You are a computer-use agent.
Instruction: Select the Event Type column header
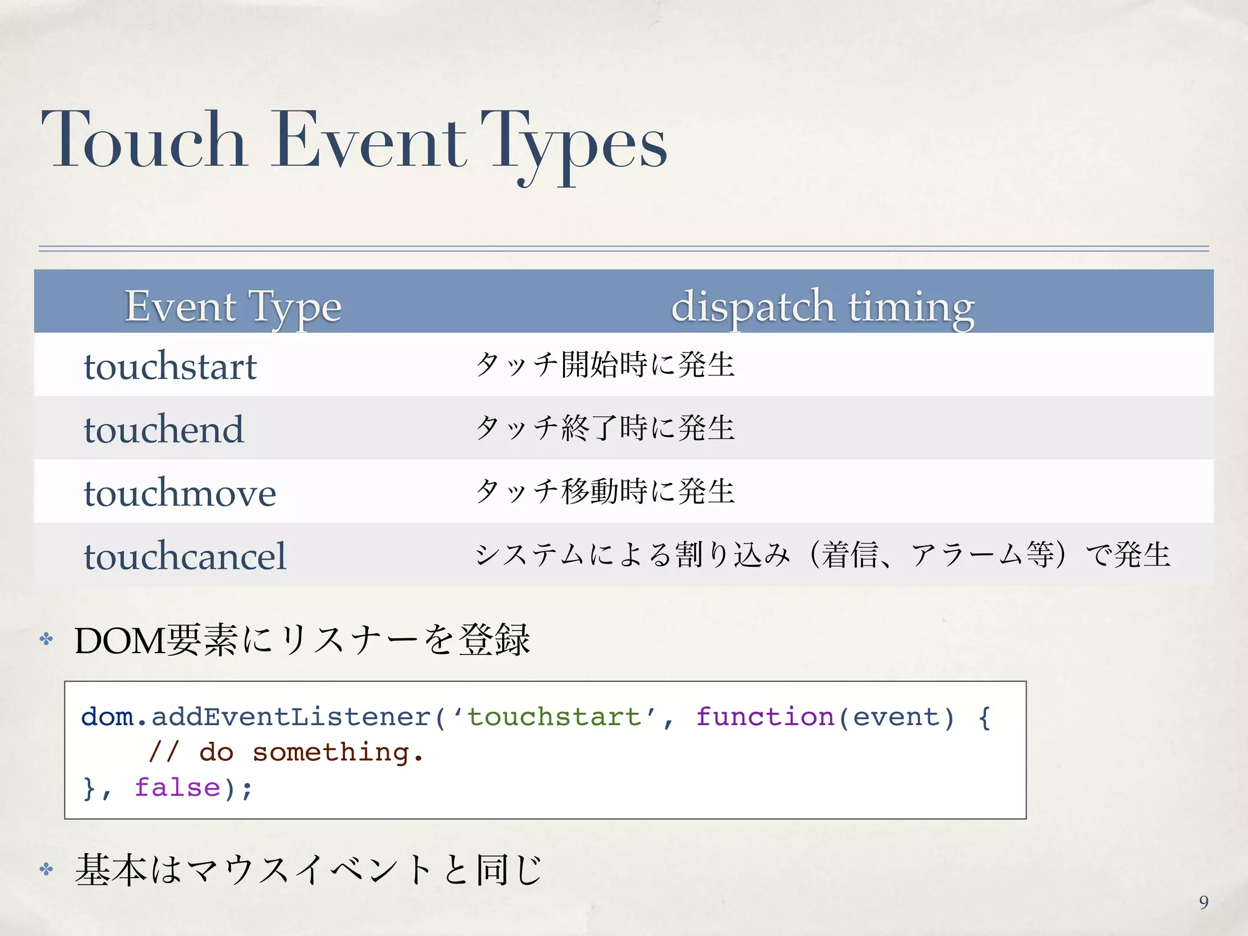click(x=233, y=306)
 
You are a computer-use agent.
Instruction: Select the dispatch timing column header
click(x=822, y=306)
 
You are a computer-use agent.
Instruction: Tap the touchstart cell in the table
click(x=170, y=366)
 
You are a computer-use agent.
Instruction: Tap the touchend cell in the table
click(x=163, y=429)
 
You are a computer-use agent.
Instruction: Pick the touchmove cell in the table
click(x=180, y=492)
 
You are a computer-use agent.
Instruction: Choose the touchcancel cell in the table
click(x=185, y=556)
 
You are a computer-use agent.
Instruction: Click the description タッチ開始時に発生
click(x=605, y=365)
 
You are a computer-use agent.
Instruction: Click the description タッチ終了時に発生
click(x=605, y=428)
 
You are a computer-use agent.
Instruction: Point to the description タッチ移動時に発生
click(x=605, y=491)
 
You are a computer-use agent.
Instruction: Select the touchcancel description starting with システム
click(x=822, y=555)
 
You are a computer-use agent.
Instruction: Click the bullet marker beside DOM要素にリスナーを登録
click(x=46, y=639)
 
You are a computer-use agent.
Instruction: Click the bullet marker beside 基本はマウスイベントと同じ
click(x=46, y=869)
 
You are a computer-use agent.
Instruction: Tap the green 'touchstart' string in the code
click(x=555, y=717)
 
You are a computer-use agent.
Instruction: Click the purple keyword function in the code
click(x=764, y=717)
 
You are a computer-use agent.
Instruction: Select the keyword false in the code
click(x=177, y=787)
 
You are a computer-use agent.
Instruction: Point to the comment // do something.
click(x=286, y=752)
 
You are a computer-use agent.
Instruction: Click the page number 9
click(x=1204, y=902)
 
